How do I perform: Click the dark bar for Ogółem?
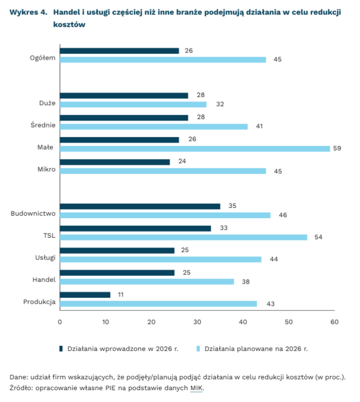coord(119,51)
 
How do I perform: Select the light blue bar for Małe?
coord(194,148)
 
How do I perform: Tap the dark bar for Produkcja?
coord(85,295)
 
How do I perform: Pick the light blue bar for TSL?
coord(183,237)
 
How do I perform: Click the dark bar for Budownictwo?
coord(140,206)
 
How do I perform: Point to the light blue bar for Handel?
coord(147,282)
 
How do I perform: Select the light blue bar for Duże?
coord(133,104)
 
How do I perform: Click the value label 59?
coord(337,148)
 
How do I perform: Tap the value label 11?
coord(119,295)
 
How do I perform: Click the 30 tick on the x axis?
coord(197,322)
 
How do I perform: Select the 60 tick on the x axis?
coord(334,322)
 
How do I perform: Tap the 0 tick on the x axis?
coord(60,322)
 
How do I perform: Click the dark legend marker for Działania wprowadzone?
coord(61,348)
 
